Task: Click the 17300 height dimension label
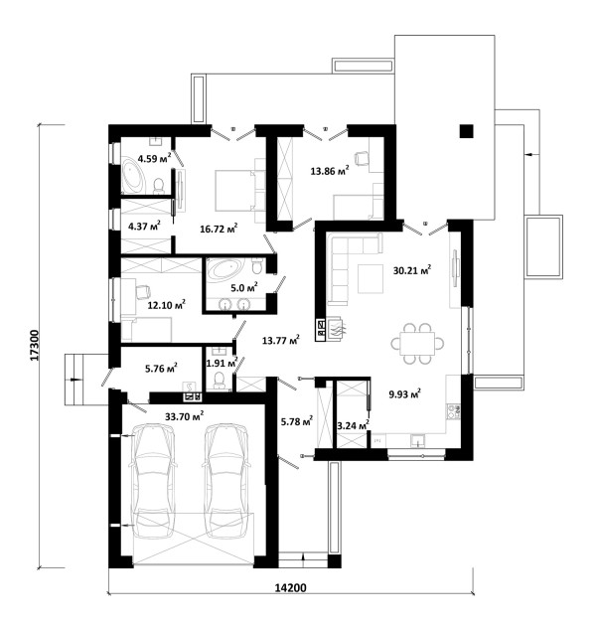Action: coord(35,345)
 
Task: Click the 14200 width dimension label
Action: coord(291,587)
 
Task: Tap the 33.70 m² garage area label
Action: coord(184,416)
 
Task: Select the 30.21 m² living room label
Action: coord(412,270)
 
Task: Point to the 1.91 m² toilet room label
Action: coord(222,363)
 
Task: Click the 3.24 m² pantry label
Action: coord(353,425)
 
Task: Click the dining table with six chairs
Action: coord(417,344)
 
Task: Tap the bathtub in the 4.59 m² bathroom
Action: coord(134,176)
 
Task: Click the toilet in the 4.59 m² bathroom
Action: coord(159,185)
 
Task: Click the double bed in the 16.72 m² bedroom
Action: coord(234,190)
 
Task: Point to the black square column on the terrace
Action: coord(466,131)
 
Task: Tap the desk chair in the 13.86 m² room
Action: coord(362,158)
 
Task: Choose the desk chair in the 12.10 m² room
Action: coord(142,292)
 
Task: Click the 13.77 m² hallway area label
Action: coord(281,340)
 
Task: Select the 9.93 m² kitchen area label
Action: coord(404,394)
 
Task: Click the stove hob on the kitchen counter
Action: coord(454,412)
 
